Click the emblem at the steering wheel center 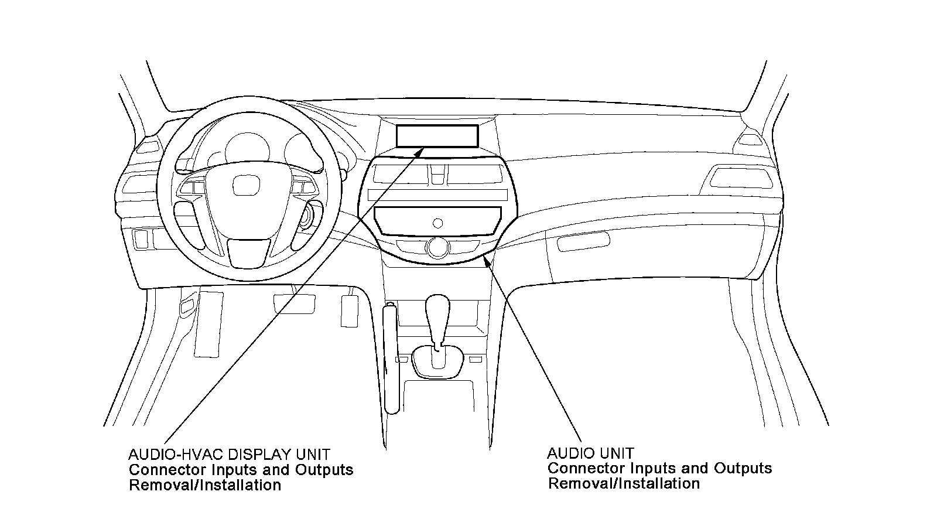click(246, 186)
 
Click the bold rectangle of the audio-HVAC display click(437, 136)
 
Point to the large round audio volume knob click(437, 247)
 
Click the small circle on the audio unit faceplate click(437, 222)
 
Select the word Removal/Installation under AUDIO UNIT click(624, 484)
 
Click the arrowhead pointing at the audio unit click(487, 259)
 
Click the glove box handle click(583, 241)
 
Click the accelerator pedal click(350, 310)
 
